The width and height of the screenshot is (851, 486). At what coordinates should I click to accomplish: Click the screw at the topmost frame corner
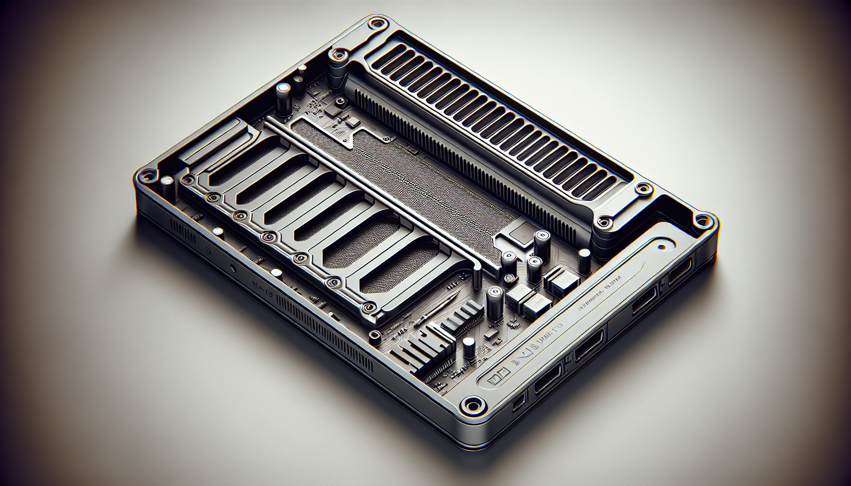(x=377, y=22)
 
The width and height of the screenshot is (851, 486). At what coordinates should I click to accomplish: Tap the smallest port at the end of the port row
(x=519, y=402)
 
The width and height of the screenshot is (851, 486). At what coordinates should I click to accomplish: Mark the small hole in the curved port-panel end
(x=661, y=247)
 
